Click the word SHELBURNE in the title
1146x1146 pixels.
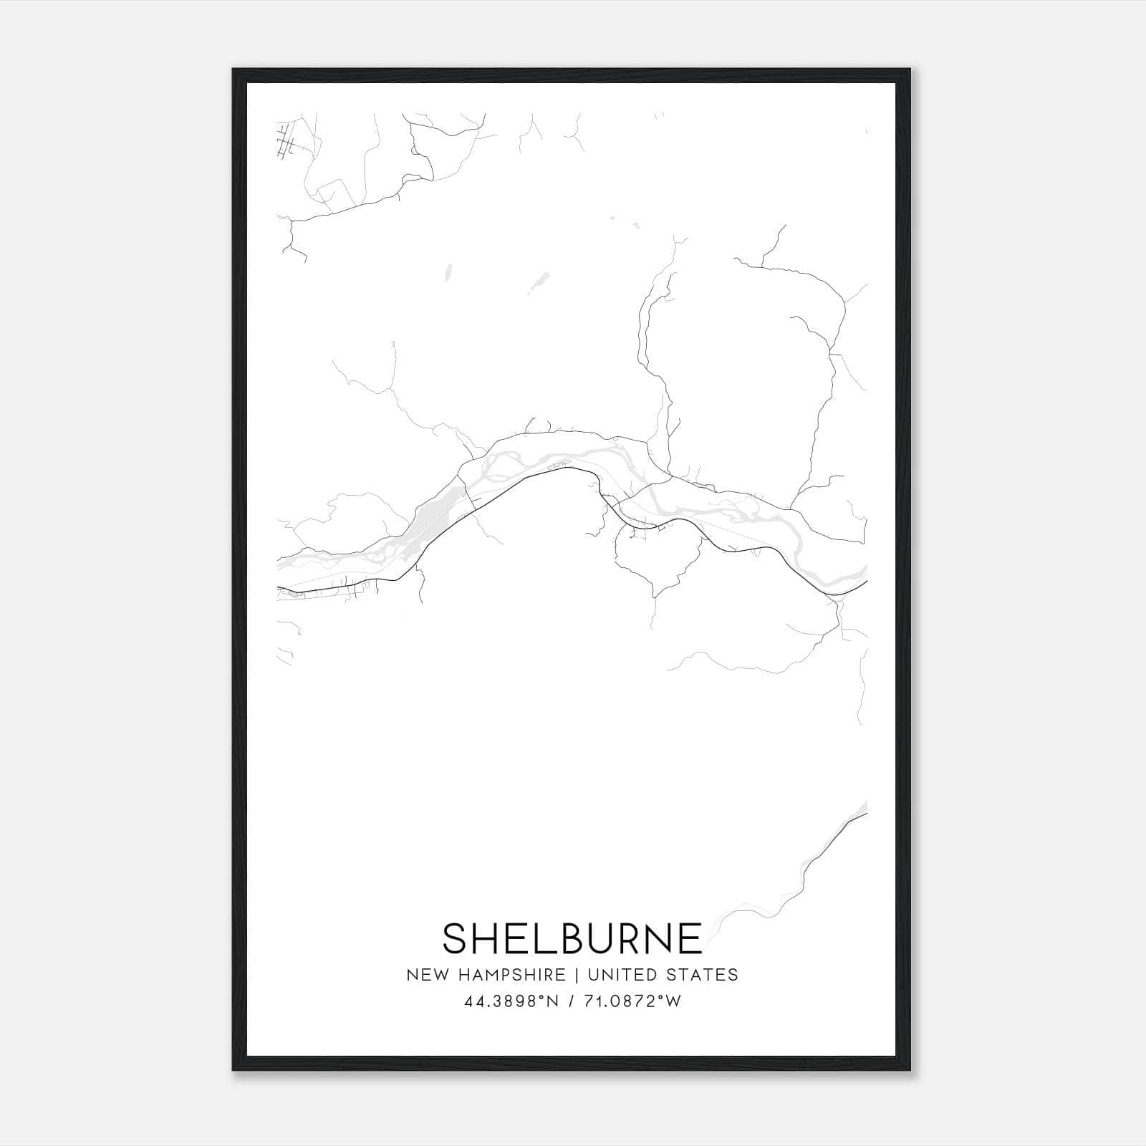coord(572,938)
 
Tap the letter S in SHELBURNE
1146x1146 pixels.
coord(457,938)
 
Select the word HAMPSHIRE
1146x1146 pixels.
coord(514,975)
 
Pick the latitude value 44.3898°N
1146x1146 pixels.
coord(511,1001)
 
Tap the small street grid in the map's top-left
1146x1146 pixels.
coord(286,141)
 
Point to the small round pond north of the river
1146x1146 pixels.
coord(449,272)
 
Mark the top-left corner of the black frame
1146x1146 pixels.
coord(233,70)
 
